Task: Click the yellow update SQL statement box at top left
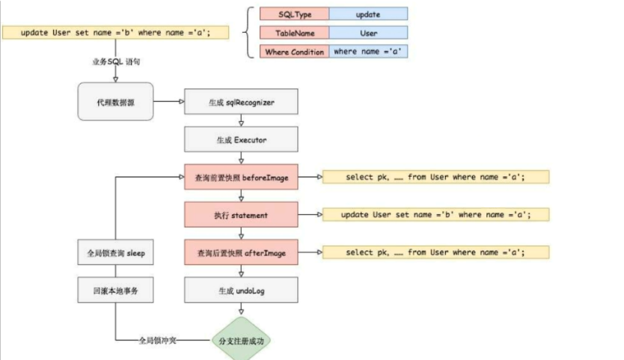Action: click(117, 33)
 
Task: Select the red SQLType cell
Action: click(294, 13)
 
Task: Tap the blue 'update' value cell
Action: click(368, 13)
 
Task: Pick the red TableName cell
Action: click(294, 33)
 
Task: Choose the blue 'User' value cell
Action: click(368, 33)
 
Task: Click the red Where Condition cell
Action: click(294, 52)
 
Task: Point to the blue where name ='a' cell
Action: click(368, 52)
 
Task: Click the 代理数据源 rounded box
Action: click(115, 101)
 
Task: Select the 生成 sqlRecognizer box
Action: click(242, 101)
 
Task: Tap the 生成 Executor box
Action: click(242, 139)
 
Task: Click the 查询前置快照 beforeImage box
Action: click(242, 177)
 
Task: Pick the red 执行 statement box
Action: click(242, 215)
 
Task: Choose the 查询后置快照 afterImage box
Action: click(242, 252)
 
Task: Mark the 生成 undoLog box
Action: click(242, 290)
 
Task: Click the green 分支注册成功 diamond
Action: click(241, 341)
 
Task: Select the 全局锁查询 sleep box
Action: click(115, 253)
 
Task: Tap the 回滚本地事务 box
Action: click(115, 290)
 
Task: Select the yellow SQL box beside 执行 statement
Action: click(435, 215)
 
